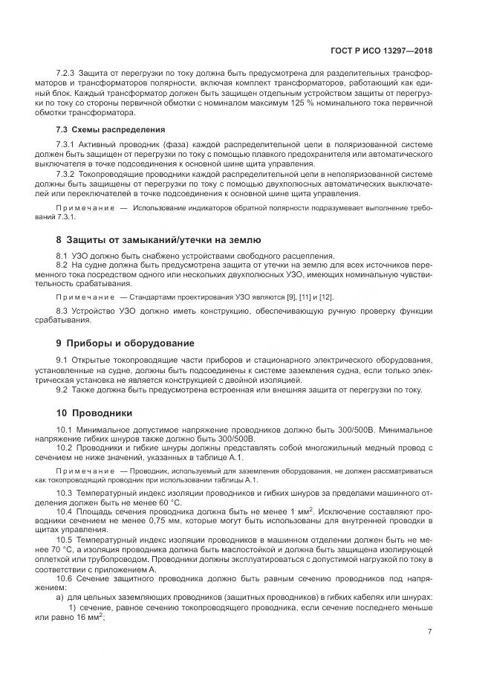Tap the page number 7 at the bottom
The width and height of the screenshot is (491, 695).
point(430,632)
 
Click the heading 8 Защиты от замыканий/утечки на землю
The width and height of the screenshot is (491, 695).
point(158,240)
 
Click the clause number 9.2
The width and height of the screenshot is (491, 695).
point(64,389)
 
